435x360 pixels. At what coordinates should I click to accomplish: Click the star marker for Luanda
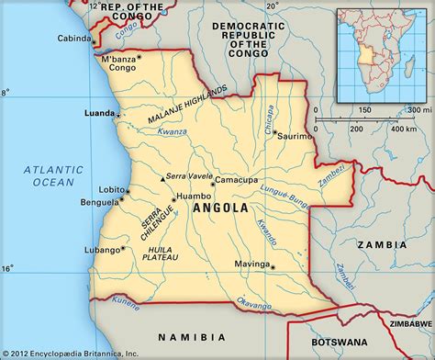pos(117,114)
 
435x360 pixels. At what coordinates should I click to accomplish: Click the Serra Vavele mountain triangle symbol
pos(162,177)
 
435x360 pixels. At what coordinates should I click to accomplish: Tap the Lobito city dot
pos(126,190)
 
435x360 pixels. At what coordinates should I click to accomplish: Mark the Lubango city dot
pos(122,248)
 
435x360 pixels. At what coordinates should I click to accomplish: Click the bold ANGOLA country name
pos(220,208)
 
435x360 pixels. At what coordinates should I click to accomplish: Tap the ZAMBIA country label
pos(384,244)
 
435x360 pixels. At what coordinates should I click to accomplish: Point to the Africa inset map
pos(382,54)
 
